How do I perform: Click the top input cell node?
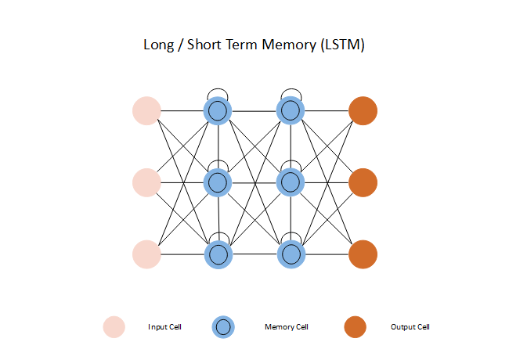pyautogui.click(x=146, y=110)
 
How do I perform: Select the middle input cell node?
pyautogui.click(x=146, y=182)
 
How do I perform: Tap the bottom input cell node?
pyautogui.click(x=146, y=254)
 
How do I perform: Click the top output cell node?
pyautogui.click(x=363, y=110)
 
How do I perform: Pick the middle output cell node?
pyautogui.click(x=363, y=182)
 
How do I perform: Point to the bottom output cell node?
pyautogui.click(x=363, y=254)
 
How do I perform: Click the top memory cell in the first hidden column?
pyautogui.click(x=218, y=110)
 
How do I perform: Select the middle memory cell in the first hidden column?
pyautogui.click(x=218, y=182)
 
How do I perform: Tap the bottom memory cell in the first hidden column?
pyautogui.click(x=218, y=254)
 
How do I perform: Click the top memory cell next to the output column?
pyautogui.click(x=291, y=110)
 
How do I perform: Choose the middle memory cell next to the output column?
pyautogui.click(x=291, y=182)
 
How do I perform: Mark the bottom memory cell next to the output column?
pyautogui.click(x=291, y=254)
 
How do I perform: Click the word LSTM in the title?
pyautogui.click(x=341, y=45)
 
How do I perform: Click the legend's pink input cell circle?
pyautogui.click(x=114, y=327)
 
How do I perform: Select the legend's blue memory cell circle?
pyautogui.click(x=223, y=327)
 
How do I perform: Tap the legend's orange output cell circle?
pyautogui.click(x=354, y=327)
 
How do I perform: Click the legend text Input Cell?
pyautogui.click(x=164, y=327)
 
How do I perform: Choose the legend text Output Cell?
pyautogui.click(x=410, y=327)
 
